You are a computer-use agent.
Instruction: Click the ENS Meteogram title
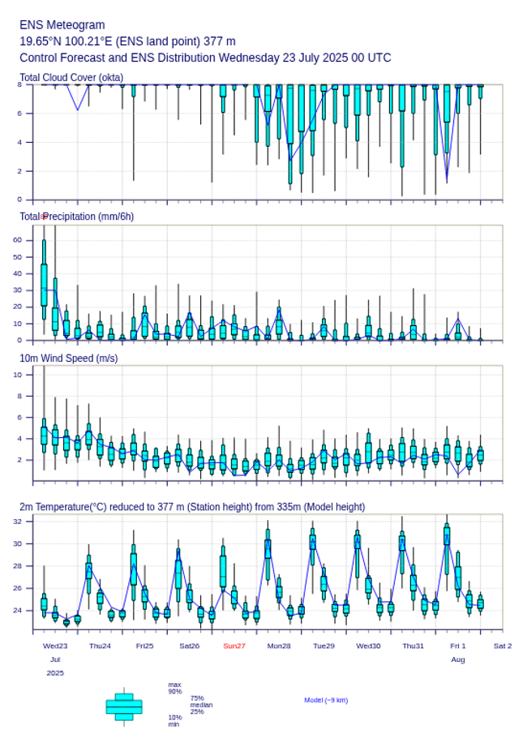coord(62,25)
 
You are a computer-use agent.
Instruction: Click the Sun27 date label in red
coord(234,646)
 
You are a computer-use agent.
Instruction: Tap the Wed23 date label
coord(55,646)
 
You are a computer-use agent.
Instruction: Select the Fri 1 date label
coord(458,646)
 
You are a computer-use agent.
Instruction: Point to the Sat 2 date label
coord(503,646)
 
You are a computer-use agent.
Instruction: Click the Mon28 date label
coord(279,646)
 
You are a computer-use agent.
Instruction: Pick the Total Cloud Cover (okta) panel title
coord(71,78)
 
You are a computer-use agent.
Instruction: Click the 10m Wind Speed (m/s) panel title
coord(68,358)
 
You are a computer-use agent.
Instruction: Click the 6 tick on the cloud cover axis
coord(19,114)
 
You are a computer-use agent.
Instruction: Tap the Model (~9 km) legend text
coord(326,700)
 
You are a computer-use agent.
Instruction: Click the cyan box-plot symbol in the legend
coord(124,706)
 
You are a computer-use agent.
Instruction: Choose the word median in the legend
coord(201,705)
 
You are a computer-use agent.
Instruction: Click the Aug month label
coord(458,659)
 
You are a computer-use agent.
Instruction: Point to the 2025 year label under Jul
coord(55,672)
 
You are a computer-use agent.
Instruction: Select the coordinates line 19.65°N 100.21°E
coord(127,41)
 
